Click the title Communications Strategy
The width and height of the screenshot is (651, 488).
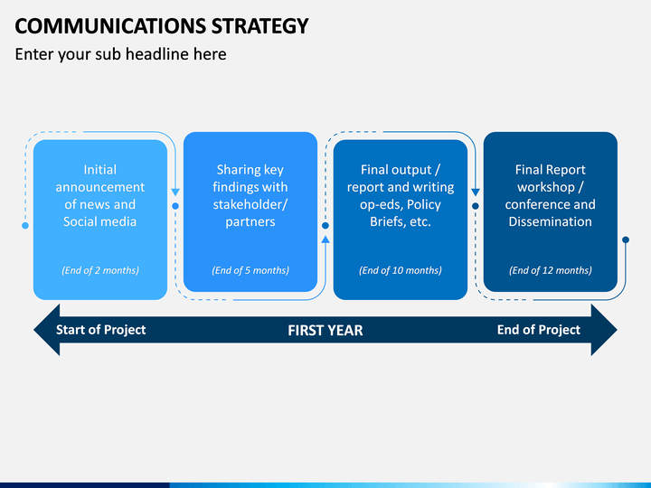[x=162, y=26]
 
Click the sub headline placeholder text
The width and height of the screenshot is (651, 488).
[x=120, y=54]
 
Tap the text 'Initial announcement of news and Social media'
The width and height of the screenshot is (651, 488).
[x=100, y=195]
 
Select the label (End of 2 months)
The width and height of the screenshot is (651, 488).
[x=100, y=270]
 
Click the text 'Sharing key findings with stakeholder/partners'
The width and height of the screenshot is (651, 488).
[x=250, y=195]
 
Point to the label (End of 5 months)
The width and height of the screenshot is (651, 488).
[x=250, y=270]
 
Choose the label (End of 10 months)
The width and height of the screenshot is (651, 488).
[x=401, y=270]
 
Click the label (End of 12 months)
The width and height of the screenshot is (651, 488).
[x=551, y=270]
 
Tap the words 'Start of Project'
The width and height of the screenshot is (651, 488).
[x=101, y=330]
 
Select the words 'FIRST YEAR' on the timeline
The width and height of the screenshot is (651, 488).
[x=325, y=331]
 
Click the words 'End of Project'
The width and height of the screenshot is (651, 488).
[x=539, y=330]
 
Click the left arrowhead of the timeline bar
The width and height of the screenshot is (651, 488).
[x=47, y=330]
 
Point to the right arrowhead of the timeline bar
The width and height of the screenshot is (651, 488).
[x=604, y=330]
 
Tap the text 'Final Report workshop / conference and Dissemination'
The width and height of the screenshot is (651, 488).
[x=551, y=195]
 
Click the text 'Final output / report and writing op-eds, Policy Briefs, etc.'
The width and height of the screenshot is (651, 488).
[x=401, y=195]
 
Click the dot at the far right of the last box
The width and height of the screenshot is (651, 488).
[x=626, y=239]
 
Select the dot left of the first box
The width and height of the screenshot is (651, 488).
[x=25, y=225]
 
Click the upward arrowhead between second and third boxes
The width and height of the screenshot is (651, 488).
[x=325, y=239]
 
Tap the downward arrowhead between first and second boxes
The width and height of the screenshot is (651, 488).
[x=175, y=192]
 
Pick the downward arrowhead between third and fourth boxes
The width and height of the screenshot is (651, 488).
[x=476, y=192]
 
